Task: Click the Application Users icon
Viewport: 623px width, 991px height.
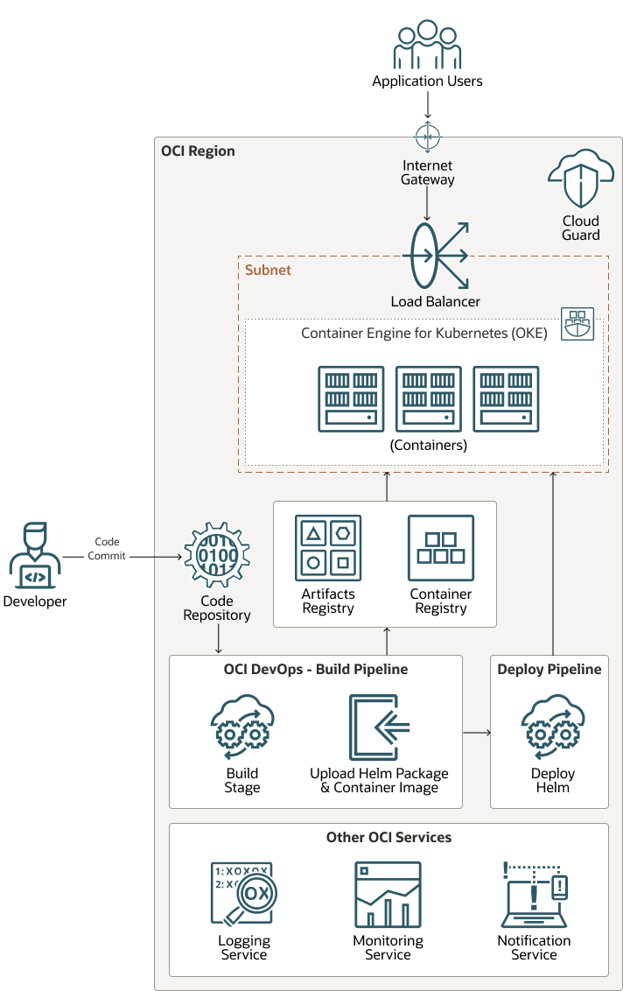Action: point(427,46)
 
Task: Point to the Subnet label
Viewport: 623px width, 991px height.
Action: point(268,271)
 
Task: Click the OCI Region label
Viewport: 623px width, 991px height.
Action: point(198,151)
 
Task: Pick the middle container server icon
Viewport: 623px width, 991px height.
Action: point(429,399)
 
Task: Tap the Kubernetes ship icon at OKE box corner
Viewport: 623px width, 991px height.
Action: point(577,324)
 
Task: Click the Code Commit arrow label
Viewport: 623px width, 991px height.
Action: point(107,549)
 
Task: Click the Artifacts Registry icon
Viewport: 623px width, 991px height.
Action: point(328,548)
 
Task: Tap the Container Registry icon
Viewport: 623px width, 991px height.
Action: point(441,548)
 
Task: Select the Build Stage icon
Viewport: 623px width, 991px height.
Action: point(242,727)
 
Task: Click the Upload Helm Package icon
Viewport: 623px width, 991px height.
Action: point(379,727)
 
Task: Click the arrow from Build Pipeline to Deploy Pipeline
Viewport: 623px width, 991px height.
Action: point(476,732)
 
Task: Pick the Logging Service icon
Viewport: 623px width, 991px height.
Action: point(242,894)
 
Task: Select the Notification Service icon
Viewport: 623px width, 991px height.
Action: point(535,895)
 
